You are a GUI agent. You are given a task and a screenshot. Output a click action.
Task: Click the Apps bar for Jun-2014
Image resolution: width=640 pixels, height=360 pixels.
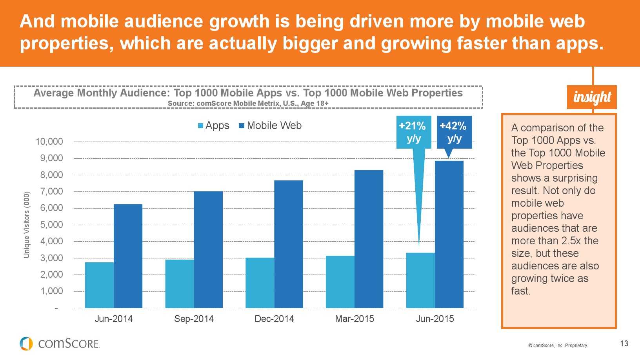pos(99,285)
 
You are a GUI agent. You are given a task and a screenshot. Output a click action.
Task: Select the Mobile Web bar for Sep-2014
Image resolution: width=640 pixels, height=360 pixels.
pos(208,249)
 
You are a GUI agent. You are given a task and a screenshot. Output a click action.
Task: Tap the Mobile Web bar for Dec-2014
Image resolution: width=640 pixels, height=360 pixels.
pos(289,244)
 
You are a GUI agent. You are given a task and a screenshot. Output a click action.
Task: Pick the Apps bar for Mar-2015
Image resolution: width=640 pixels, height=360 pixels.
pos(340,282)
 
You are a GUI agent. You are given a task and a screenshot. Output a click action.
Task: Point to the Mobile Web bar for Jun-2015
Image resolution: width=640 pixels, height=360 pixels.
pos(449,234)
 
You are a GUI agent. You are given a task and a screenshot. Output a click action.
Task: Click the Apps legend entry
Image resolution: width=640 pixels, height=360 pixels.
pos(213,125)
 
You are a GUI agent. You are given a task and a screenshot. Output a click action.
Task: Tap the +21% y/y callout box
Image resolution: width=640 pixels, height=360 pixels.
pos(413,132)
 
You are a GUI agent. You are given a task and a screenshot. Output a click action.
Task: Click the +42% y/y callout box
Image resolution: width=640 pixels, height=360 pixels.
pos(454,132)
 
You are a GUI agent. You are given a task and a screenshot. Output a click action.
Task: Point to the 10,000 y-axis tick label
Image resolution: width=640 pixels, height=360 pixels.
pos(49,142)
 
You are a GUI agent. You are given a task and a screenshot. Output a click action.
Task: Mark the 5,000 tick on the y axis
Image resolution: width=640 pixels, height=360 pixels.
pos(51,225)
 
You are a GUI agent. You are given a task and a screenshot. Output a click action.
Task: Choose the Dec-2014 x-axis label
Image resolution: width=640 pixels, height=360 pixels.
pos(274,319)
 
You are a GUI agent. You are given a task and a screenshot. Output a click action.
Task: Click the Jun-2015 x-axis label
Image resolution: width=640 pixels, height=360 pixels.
pos(435,319)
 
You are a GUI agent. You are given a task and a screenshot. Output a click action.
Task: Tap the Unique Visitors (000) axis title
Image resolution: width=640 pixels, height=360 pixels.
pos(27,225)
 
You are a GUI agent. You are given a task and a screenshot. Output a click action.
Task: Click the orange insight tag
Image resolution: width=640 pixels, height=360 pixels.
pos(592,97)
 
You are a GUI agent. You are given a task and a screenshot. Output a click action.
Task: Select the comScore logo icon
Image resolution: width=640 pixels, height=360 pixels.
pos(26,344)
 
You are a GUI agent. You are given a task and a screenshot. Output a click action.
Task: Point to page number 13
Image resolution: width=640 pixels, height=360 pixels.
pos(624,344)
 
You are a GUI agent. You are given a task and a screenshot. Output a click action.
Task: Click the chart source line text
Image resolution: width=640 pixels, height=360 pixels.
pos(248,104)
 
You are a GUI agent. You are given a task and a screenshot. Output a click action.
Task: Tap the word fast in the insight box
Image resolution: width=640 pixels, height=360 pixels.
pos(520,291)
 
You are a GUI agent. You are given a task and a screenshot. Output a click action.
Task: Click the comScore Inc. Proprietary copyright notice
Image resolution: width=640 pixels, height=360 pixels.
pos(558,345)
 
